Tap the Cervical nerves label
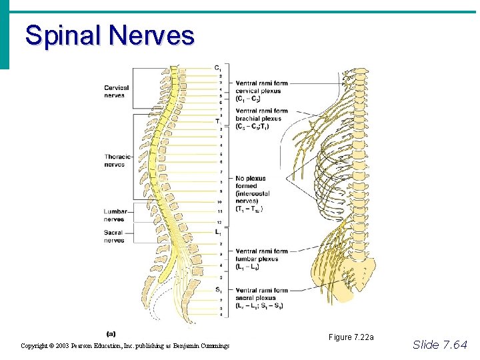[x=116, y=91]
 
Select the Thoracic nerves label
[x=117, y=161]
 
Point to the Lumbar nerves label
[x=115, y=215]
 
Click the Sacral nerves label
[x=114, y=237]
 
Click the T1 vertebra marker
[x=219, y=121]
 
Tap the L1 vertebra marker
[x=219, y=232]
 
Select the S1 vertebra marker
[x=219, y=289]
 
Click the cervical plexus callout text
[x=261, y=91]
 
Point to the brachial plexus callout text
[x=261, y=119]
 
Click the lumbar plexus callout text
[x=261, y=259]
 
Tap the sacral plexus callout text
[x=261, y=298]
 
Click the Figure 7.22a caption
[x=351, y=337]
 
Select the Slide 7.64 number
[x=440, y=344]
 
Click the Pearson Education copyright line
[x=125, y=345]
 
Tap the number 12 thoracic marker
[x=219, y=221]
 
